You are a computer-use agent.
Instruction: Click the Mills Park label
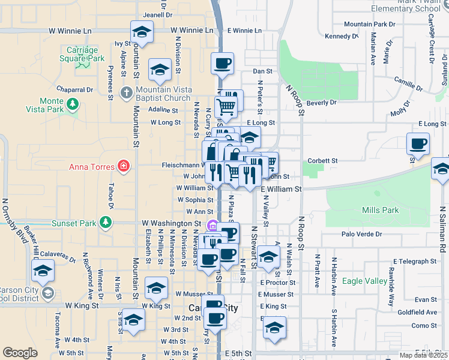pos(381,210)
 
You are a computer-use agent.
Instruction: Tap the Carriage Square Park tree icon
pos(80,68)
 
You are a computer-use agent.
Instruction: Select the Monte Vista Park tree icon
pos(73,105)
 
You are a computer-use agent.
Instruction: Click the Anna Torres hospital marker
pos(124,166)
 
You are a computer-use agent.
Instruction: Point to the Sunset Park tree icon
pos(106,223)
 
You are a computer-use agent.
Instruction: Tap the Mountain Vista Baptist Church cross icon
pos(126,93)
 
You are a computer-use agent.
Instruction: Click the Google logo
pos(20,353)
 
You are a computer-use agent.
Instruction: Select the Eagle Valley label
pos(364,281)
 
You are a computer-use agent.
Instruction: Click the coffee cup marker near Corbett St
pos(418,144)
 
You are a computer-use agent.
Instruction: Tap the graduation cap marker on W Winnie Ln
pos(142,31)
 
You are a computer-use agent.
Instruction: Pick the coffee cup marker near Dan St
pos(222,63)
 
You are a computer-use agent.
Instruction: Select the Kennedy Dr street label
pos(341,37)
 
